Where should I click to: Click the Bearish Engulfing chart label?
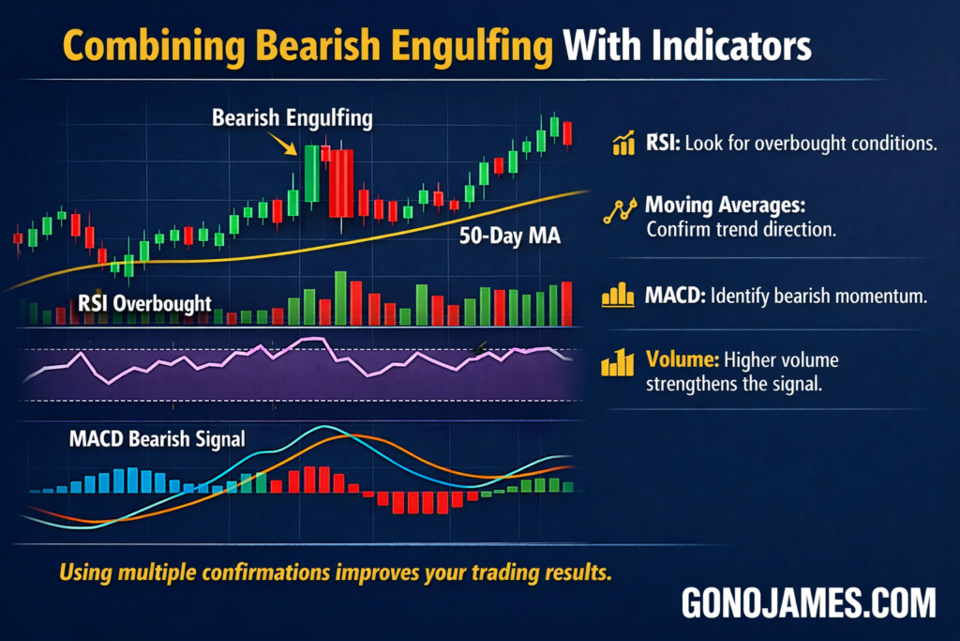tap(292, 119)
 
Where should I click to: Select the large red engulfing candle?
tap(341, 183)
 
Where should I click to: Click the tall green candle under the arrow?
tap(310, 174)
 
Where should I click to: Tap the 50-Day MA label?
tap(510, 237)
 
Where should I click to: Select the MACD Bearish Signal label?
tap(157, 438)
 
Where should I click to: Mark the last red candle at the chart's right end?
tap(567, 133)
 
